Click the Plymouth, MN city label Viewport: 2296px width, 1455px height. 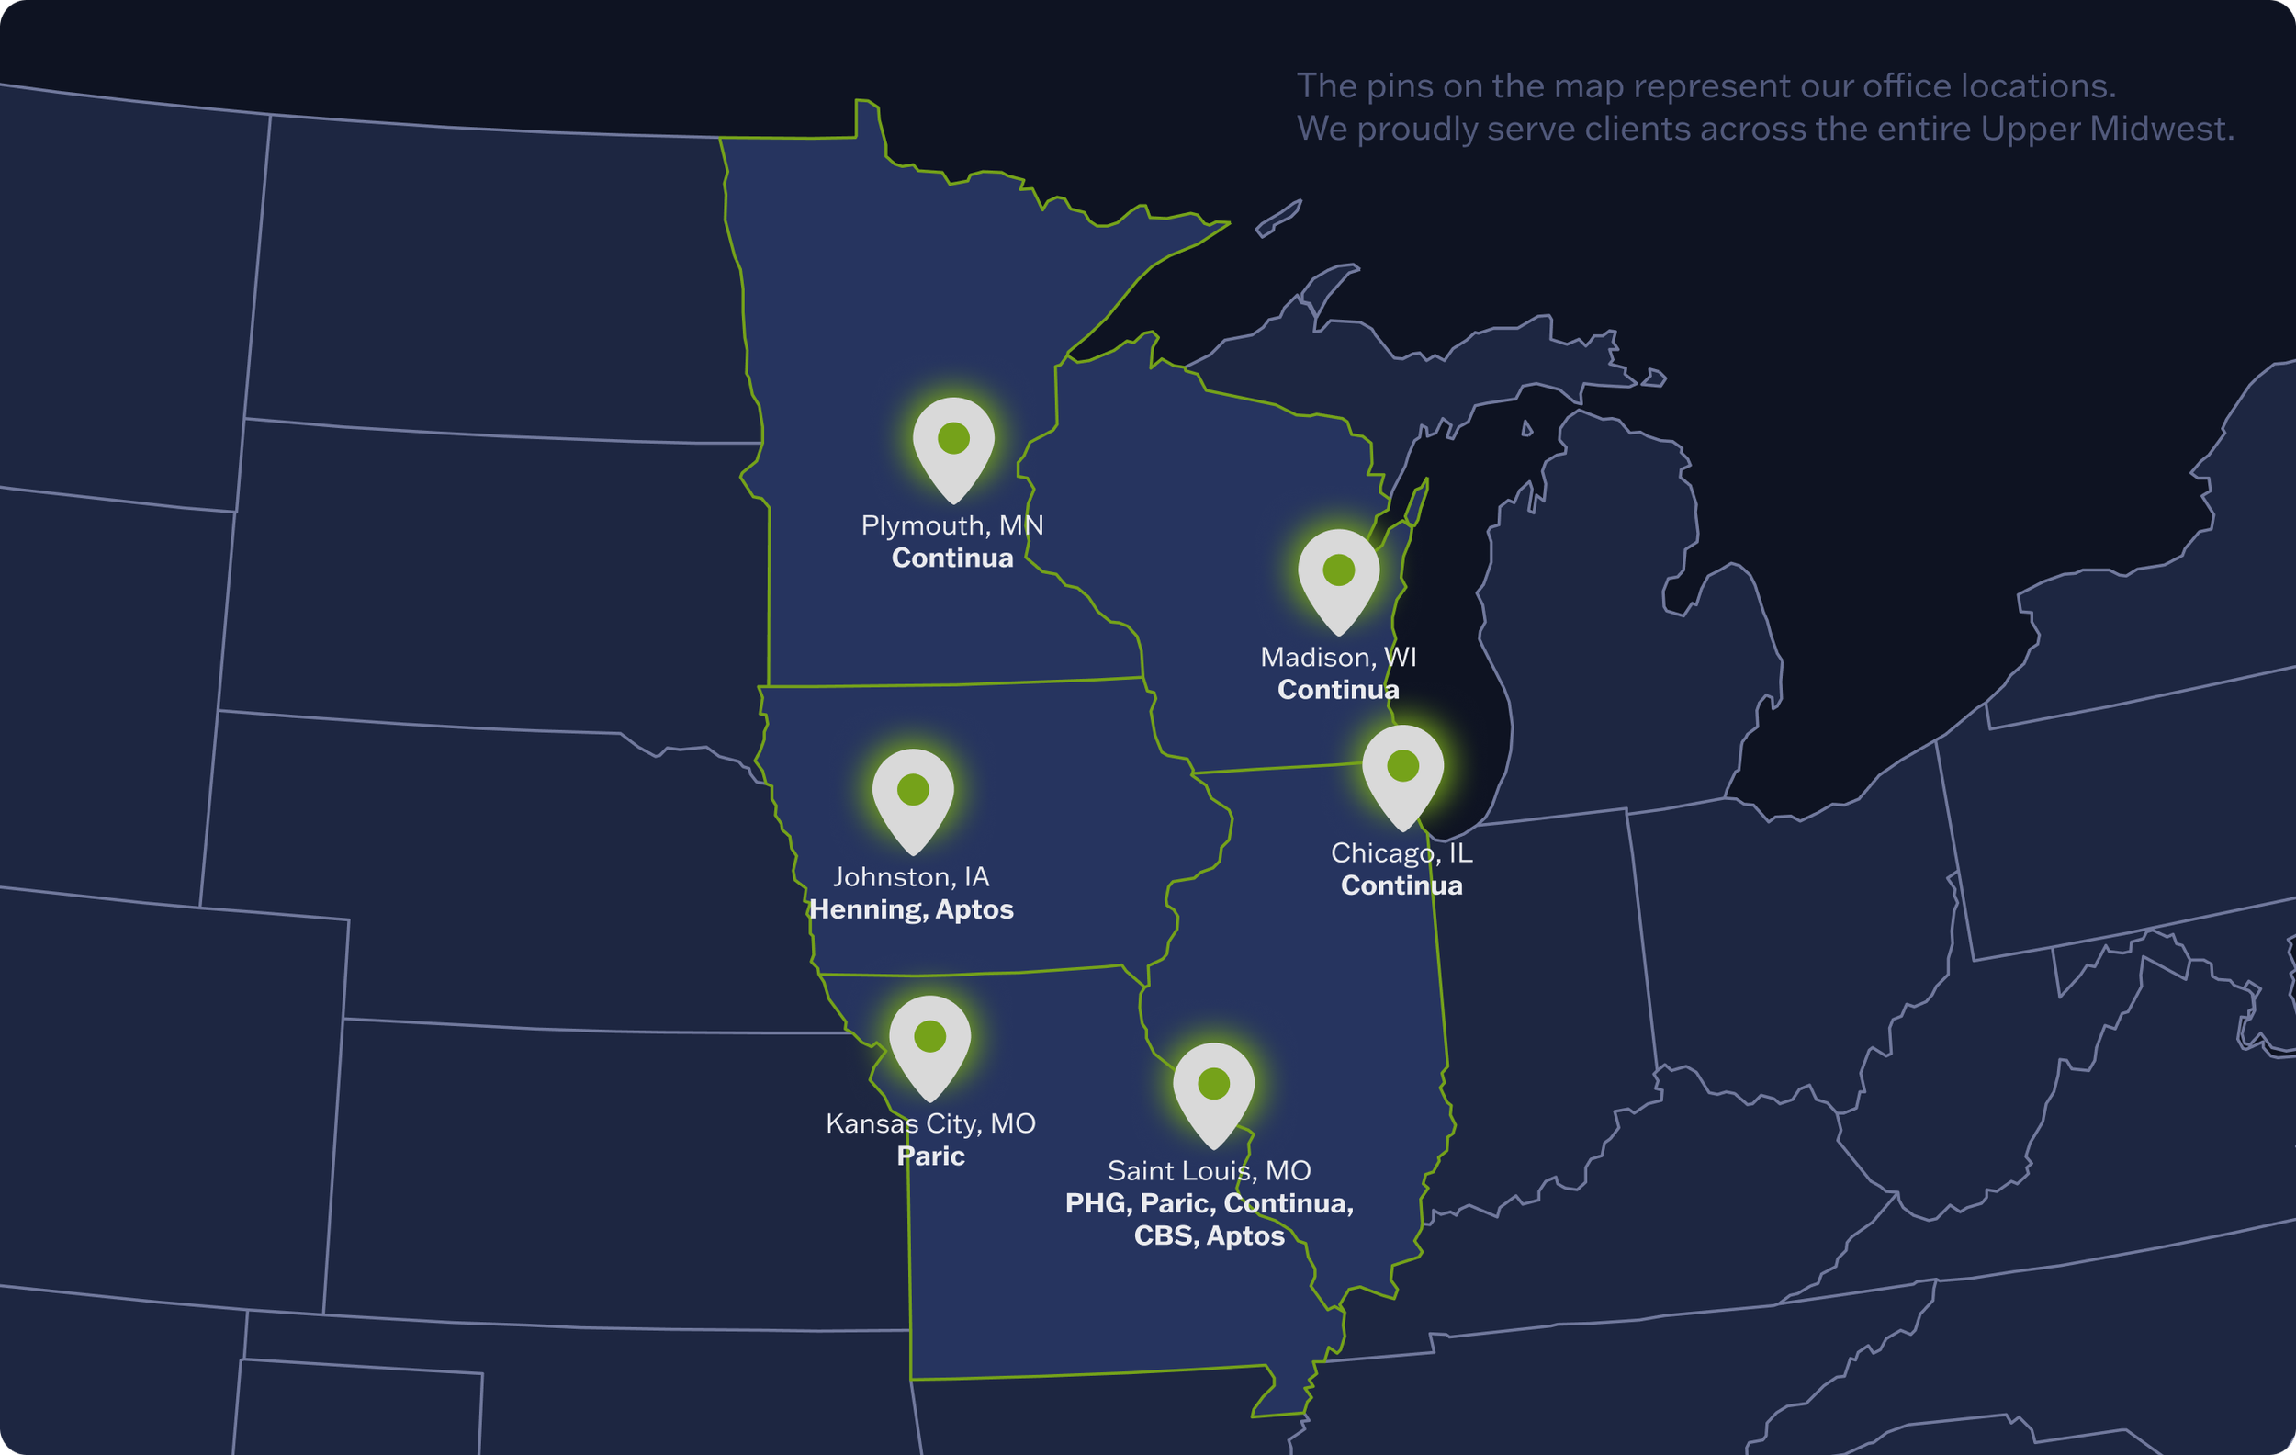(951, 525)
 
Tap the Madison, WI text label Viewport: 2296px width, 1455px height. (1338, 657)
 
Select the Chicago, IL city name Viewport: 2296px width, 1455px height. (1401, 852)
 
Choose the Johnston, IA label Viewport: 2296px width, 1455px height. (912, 876)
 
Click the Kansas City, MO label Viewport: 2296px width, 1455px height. (930, 1123)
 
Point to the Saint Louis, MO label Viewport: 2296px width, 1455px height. (1209, 1170)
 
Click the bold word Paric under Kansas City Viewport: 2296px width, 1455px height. (930, 1156)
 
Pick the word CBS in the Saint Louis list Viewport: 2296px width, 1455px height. (1163, 1235)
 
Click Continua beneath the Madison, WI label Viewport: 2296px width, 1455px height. (1338, 689)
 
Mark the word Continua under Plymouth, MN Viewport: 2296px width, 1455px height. (951, 558)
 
